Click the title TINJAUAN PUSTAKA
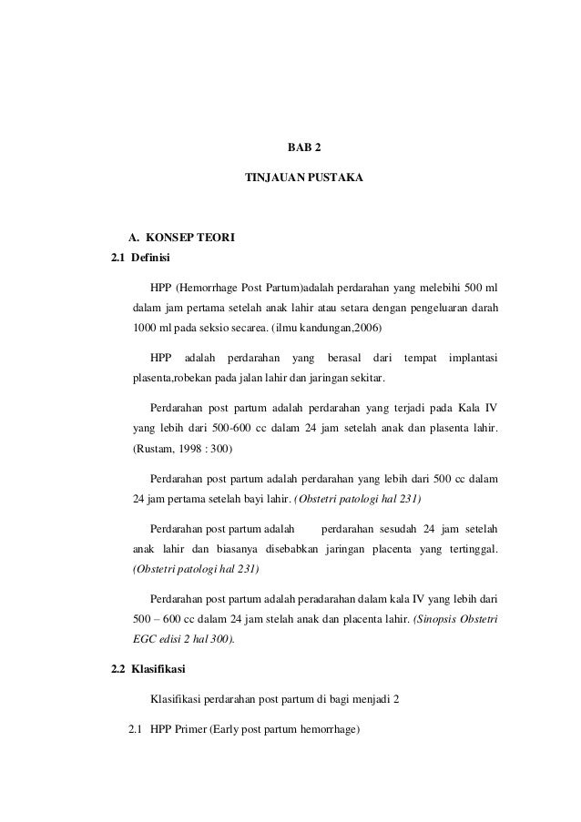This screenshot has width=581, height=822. (x=304, y=179)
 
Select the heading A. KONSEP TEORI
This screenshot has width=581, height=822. (x=174, y=239)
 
